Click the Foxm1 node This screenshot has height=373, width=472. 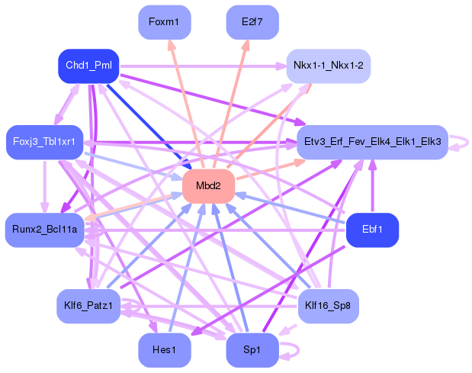(164, 22)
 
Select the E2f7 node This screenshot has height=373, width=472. (252, 22)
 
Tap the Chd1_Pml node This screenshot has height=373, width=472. (88, 66)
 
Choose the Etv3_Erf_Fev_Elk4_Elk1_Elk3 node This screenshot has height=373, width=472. (372, 142)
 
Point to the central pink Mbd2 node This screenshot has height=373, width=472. (208, 186)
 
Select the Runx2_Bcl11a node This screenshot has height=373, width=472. (44, 230)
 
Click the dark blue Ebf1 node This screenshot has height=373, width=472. (372, 230)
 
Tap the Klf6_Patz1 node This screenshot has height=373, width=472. (88, 306)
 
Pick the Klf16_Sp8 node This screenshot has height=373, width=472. (328, 306)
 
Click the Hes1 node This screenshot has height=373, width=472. (164, 350)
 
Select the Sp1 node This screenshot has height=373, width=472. (252, 350)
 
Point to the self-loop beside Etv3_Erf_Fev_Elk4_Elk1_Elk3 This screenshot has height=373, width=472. (460, 142)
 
